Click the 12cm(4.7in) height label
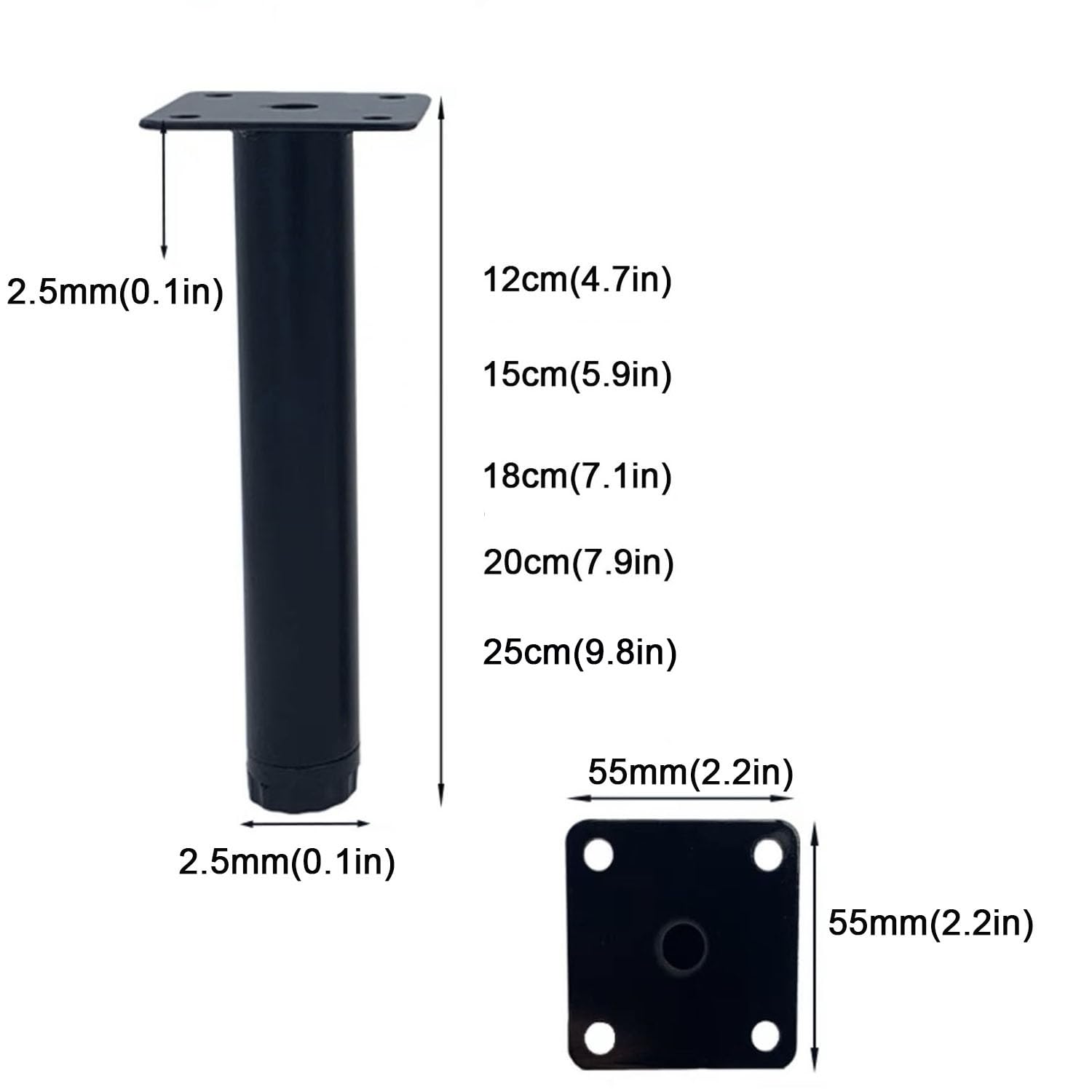click(577, 280)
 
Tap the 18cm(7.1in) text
click(577, 476)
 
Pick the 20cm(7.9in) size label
click(578, 563)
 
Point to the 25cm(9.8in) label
click(579, 652)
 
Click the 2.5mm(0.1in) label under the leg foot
click(287, 863)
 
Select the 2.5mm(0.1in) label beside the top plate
click(115, 293)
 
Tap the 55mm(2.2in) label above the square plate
click(690, 772)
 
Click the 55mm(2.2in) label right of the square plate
click(930, 925)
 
